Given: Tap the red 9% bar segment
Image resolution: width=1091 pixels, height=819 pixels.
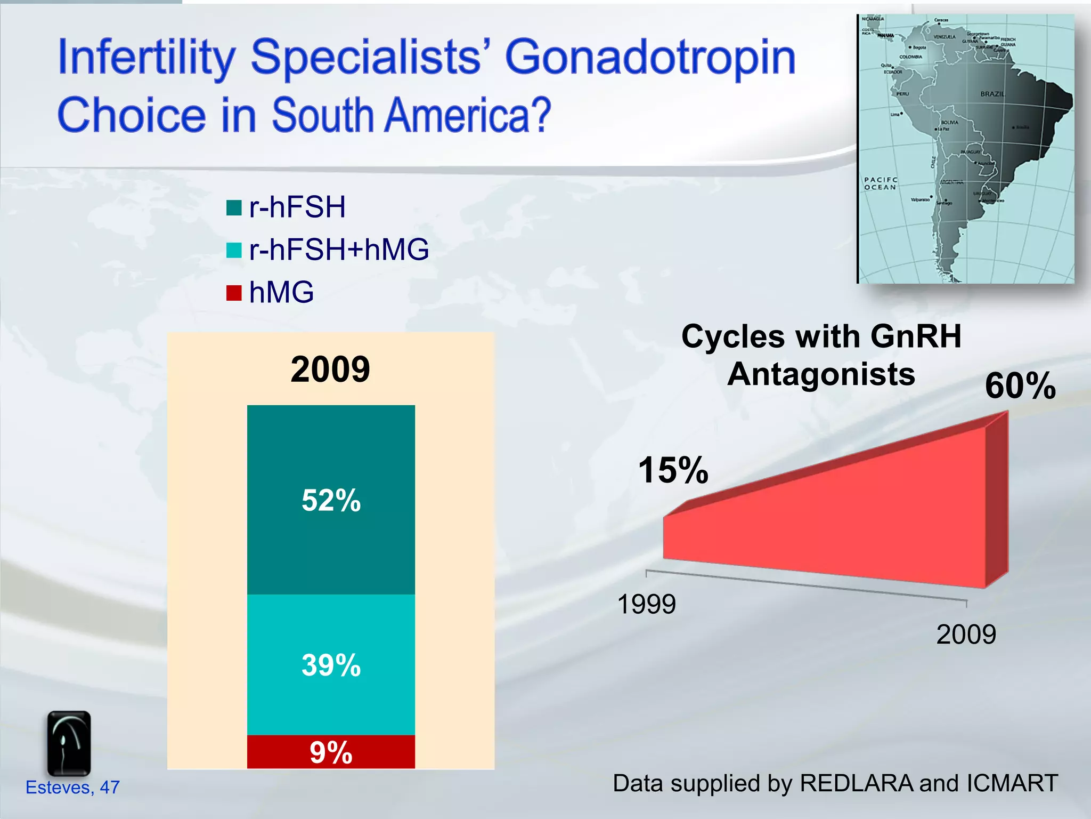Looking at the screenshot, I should (331, 752).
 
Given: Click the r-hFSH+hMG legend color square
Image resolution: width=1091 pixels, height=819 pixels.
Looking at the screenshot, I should (234, 250).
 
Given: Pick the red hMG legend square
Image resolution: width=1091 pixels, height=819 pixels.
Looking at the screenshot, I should (234, 293).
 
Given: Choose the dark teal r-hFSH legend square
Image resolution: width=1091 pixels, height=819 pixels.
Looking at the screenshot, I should (234, 207).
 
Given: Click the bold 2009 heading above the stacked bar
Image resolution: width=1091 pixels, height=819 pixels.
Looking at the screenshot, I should (330, 369).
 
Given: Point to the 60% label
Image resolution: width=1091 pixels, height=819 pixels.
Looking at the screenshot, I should (1020, 386).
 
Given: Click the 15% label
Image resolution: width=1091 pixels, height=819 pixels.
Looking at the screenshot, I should (673, 470).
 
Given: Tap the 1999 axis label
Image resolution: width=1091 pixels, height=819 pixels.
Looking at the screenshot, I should (646, 604).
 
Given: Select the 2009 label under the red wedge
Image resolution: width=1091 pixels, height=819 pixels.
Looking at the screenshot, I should (966, 635).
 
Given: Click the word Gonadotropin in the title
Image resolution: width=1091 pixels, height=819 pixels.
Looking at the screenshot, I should (650, 57).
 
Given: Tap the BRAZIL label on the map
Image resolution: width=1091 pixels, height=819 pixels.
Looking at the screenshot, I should (992, 94).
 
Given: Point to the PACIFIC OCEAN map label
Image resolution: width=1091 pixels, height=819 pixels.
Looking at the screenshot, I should (880, 183).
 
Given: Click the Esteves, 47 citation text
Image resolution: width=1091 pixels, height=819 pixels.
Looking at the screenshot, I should (72, 787).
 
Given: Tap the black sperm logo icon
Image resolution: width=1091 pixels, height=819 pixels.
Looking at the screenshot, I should (69, 743).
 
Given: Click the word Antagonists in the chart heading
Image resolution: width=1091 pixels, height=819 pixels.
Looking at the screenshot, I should (821, 374).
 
